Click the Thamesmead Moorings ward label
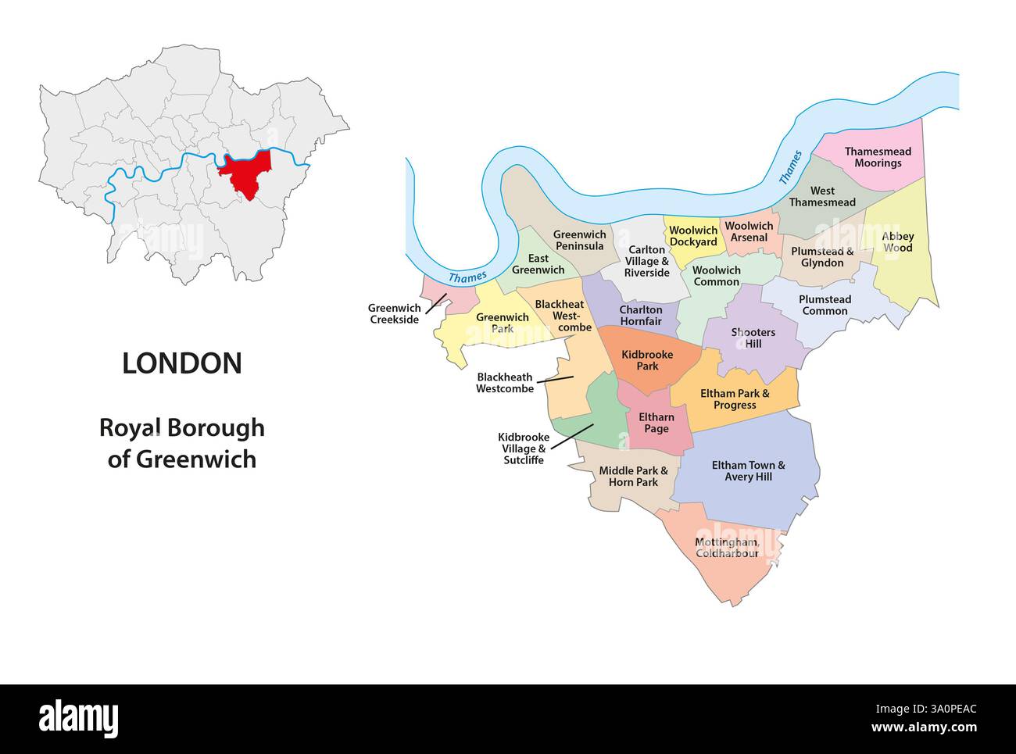coord(877,157)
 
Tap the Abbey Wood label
coord(897,241)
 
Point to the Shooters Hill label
coord(753,338)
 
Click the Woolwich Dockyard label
coord(693,236)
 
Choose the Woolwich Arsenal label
coord(749,231)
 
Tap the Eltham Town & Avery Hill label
coord(748,470)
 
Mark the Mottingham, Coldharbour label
coord(727,548)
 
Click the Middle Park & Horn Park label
coord(633,477)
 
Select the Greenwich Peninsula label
coord(579,240)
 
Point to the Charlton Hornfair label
coord(640,316)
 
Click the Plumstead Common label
coord(825,305)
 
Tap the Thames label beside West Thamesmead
coord(791,166)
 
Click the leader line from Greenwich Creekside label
coord(436,304)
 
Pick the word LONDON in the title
coord(182,363)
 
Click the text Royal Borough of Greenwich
coord(182,443)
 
